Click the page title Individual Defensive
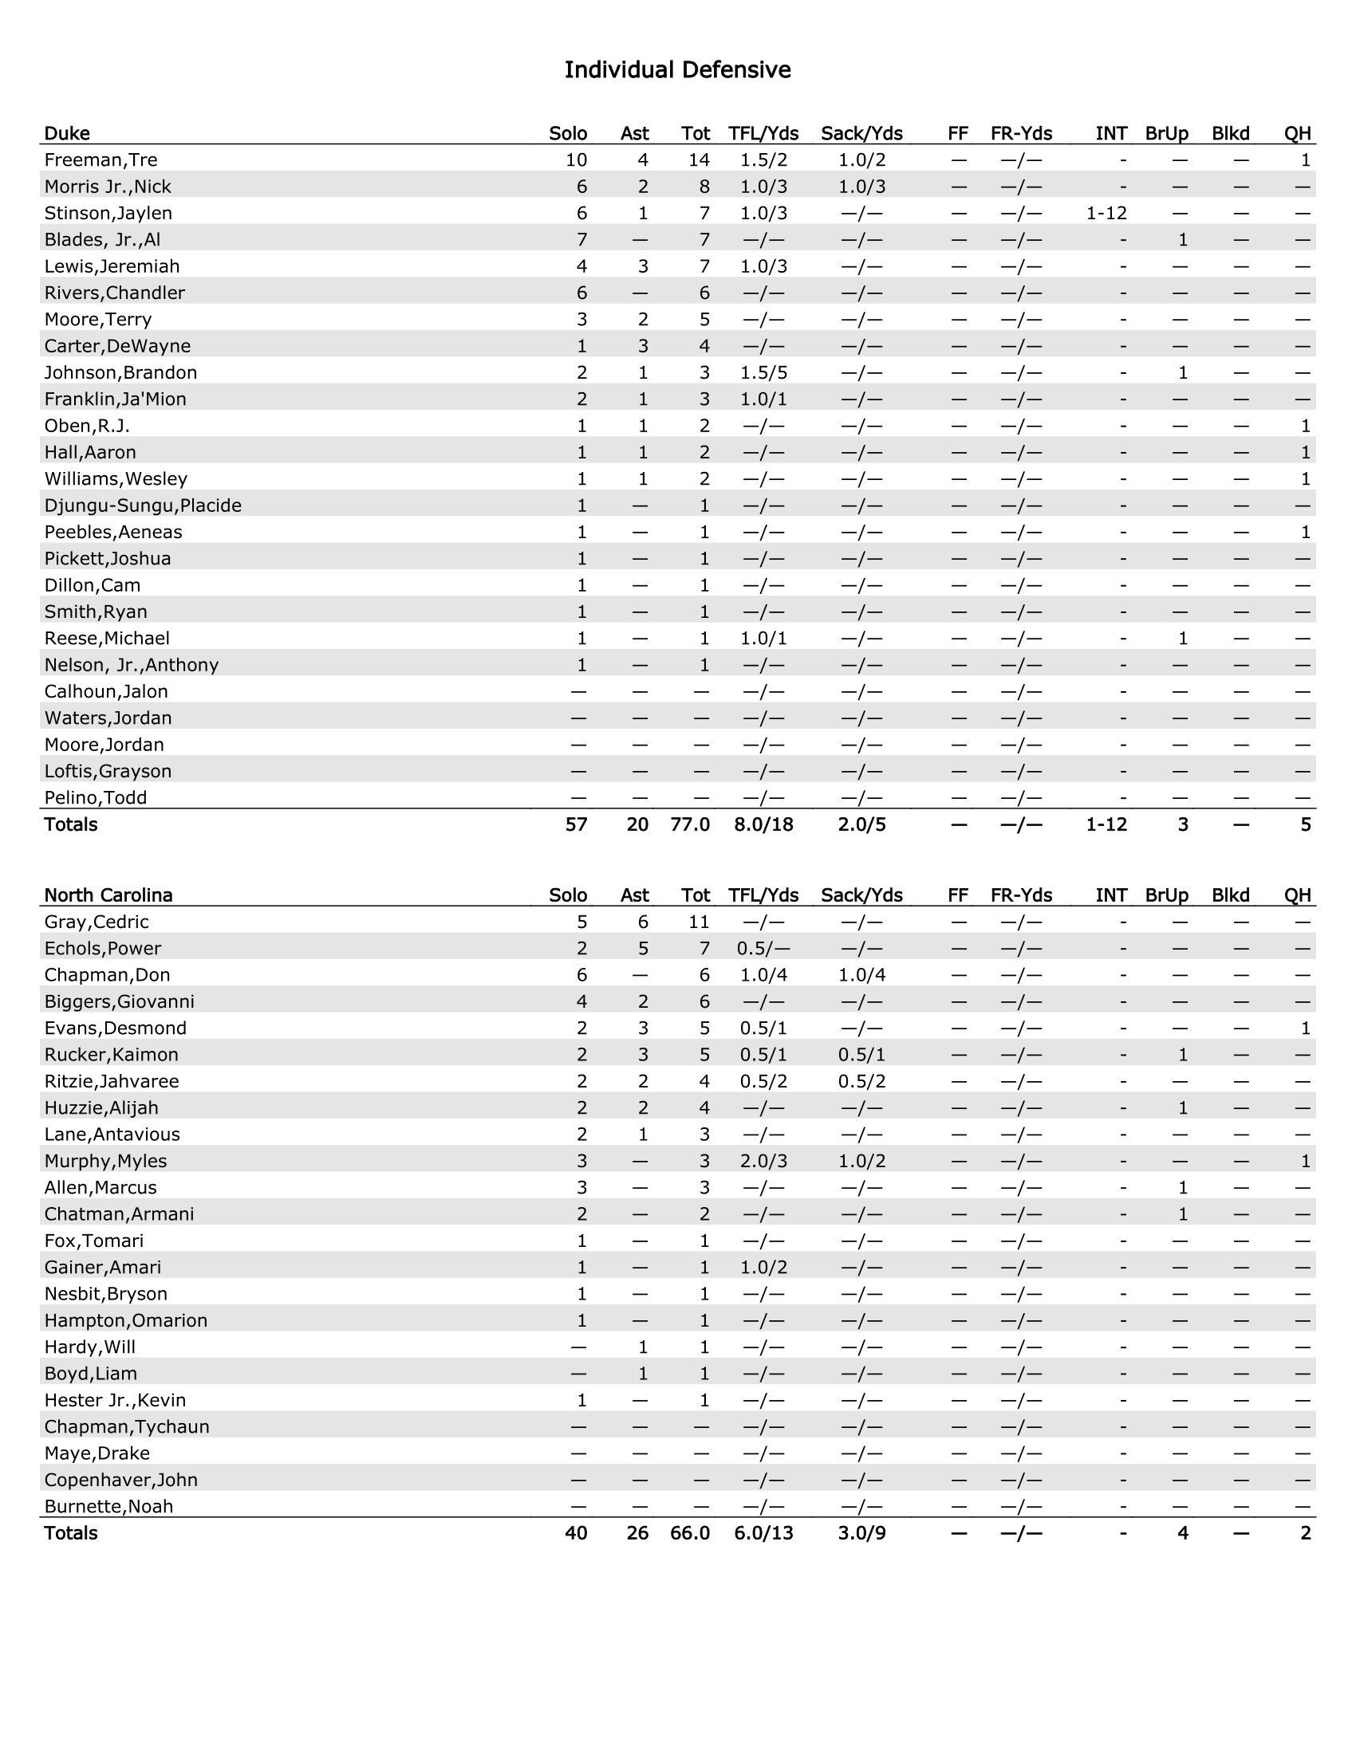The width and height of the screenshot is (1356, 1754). pyautogui.click(x=677, y=71)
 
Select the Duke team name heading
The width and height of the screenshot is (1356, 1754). pyautogui.click(x=67, y=133)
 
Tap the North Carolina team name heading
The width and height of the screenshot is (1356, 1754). pyautogui.click(x=108, y=895)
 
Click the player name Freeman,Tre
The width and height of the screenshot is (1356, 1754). pyautogui.click(x=101, y=159)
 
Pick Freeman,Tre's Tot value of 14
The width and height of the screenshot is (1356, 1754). pyautogui.click(x=699, y=159)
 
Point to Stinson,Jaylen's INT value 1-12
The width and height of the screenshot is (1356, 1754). pyautogui.click(x=1106, y=213)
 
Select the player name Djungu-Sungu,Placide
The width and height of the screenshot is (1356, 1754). pyautogui.click(x=142, y=506)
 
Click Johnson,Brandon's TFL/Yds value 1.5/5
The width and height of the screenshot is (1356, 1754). pyautogui.click(x=763, y=372)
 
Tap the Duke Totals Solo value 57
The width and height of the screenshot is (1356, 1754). pyautogui.click(x=576, y=825)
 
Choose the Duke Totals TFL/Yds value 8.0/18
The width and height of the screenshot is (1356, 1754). pyautogui.click(x=763, y=825)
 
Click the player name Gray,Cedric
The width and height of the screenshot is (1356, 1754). pyautogui.click(x=97, y=922)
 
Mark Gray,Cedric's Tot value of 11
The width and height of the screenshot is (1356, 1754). pyautogui.click(x=699, y=922)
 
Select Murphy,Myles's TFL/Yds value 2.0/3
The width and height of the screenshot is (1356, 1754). pyautogui.click(x=763, y=1162)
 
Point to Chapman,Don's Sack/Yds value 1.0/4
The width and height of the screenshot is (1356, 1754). pyautogui.click(x=861, y=975)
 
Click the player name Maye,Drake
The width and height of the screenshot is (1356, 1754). pyautogui.click(x=97, y=1453)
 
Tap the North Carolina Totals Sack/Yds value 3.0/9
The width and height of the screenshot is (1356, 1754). pyautogui.click(x=861, y=1533)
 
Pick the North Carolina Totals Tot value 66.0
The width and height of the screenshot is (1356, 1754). pyautogui.click(x=690, y=1533)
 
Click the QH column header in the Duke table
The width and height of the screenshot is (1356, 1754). pyautogui.click(x=1297, y=133)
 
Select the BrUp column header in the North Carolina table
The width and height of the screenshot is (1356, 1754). pyautogui.click(x=1166, y=895)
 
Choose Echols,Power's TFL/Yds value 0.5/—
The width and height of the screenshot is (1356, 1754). pyautogui.click(x=763, y=949)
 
